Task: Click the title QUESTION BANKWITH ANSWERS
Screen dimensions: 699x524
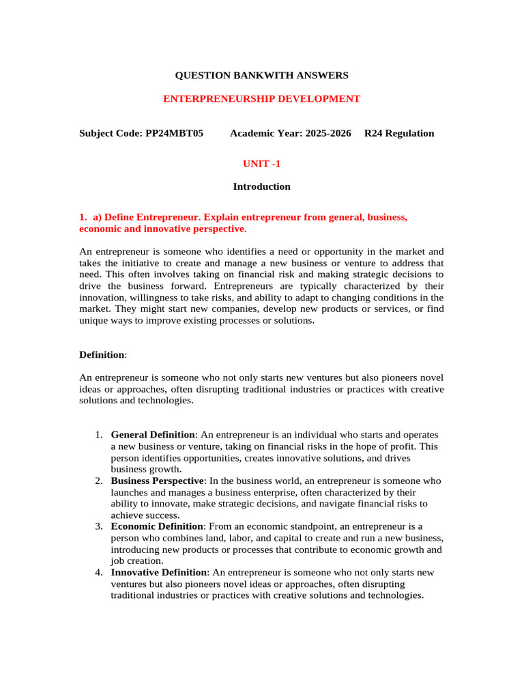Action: (x=262, y=75)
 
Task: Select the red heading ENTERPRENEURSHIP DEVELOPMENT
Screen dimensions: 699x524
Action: (x=261, y=99)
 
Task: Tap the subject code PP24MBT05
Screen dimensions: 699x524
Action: (x=174, y=133)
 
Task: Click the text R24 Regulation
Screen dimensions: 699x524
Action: (x=399, y=133)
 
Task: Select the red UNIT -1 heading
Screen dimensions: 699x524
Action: (x=261, y=164)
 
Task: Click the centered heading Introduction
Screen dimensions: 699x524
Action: (x=261, y=186)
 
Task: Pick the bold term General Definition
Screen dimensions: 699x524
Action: (x=154, y=435)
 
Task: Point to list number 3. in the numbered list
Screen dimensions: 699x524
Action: (x=99, y=526)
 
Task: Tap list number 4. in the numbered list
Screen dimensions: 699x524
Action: (x=99, y=572)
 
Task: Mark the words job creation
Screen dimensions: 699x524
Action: (x=137, y=560)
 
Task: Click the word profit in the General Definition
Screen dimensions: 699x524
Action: (x=403, y=446)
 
